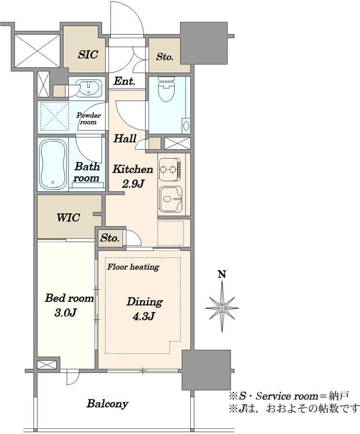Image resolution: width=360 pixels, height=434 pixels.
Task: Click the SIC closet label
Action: click(88, 54)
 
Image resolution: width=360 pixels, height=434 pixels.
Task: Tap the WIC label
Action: click(69, 217)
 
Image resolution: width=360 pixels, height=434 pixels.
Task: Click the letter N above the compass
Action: click(222, 274)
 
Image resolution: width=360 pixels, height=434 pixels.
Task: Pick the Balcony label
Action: click(107, 404)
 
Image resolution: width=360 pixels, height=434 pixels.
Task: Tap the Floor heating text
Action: click(133, 267)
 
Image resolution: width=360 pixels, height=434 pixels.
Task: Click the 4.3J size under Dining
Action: click(144, 316)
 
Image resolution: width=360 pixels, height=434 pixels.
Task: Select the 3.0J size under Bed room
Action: click(65, 313)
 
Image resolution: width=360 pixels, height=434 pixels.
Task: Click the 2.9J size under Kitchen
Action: click(133, 184)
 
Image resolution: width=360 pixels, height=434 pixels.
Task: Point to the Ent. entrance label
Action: click(124, 82)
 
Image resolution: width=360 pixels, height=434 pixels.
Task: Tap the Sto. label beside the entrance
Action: click(165, 57)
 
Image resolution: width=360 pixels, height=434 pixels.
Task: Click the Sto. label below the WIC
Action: click(110, 238)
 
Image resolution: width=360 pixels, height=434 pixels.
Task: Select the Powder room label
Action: click(89, 118)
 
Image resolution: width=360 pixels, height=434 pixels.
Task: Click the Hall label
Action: click(125, 138)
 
